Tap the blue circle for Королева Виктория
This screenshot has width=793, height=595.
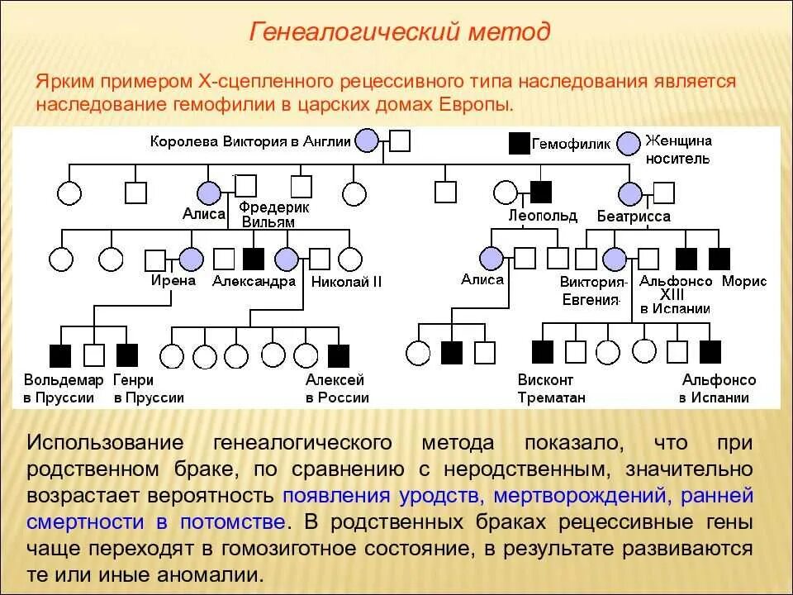coord(366,140)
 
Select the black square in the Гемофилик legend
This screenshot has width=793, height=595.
coord(519,142)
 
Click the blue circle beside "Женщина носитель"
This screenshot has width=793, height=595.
coord(630,143)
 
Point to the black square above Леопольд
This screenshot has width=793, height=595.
coord(540,193)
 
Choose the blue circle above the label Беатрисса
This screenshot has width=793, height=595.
coord(630,193)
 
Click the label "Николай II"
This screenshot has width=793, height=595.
coord(346,281)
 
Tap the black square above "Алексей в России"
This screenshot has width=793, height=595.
coord(339,355)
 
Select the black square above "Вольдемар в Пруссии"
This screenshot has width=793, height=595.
coord(61,355)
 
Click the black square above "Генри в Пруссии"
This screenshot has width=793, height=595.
coord(126,355)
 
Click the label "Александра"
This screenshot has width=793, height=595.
coord(254,281)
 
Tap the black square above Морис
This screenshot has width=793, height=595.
coord(719,259)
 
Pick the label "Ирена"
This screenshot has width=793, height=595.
coord(173,280)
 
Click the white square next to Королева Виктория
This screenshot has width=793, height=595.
coord(400,141)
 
